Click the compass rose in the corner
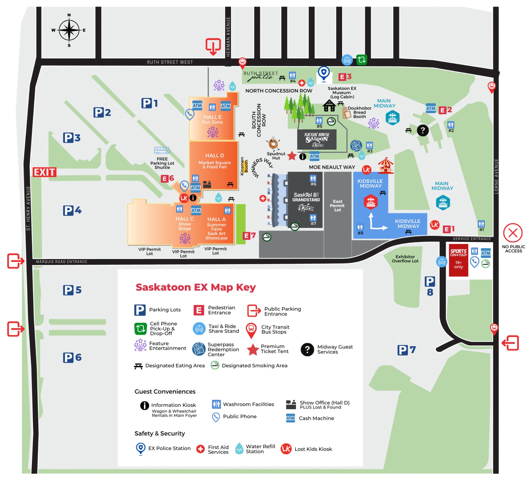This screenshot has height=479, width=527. tap(69, 30)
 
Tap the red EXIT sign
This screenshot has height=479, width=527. tap(44, 172)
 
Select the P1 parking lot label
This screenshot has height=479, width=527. tap(149, 103)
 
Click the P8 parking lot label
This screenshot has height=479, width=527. tap(430, 286)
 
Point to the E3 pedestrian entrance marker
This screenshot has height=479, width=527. tap(345, 77)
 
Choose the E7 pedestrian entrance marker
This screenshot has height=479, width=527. tap(249, 236)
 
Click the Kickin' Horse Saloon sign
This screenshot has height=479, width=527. tap(317, 139)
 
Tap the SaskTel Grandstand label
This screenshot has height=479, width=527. tap(306, 197)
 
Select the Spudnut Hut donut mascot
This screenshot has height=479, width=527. tap(273, 143)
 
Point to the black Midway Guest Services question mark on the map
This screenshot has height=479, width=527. tap(423, 130)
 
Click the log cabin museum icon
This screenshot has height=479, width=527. tap(329, 106)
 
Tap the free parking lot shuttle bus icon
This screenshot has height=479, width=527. tap(162, 150)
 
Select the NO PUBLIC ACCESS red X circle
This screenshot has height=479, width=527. tap(512, 233)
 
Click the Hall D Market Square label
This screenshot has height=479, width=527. tap(215, 161)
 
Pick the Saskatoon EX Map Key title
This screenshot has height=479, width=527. tap(196, 287)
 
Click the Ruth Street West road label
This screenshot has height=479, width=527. tap(170, 62)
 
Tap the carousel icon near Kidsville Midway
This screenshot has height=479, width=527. tap(385, 166)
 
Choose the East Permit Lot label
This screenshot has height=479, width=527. tap(337, 206)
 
